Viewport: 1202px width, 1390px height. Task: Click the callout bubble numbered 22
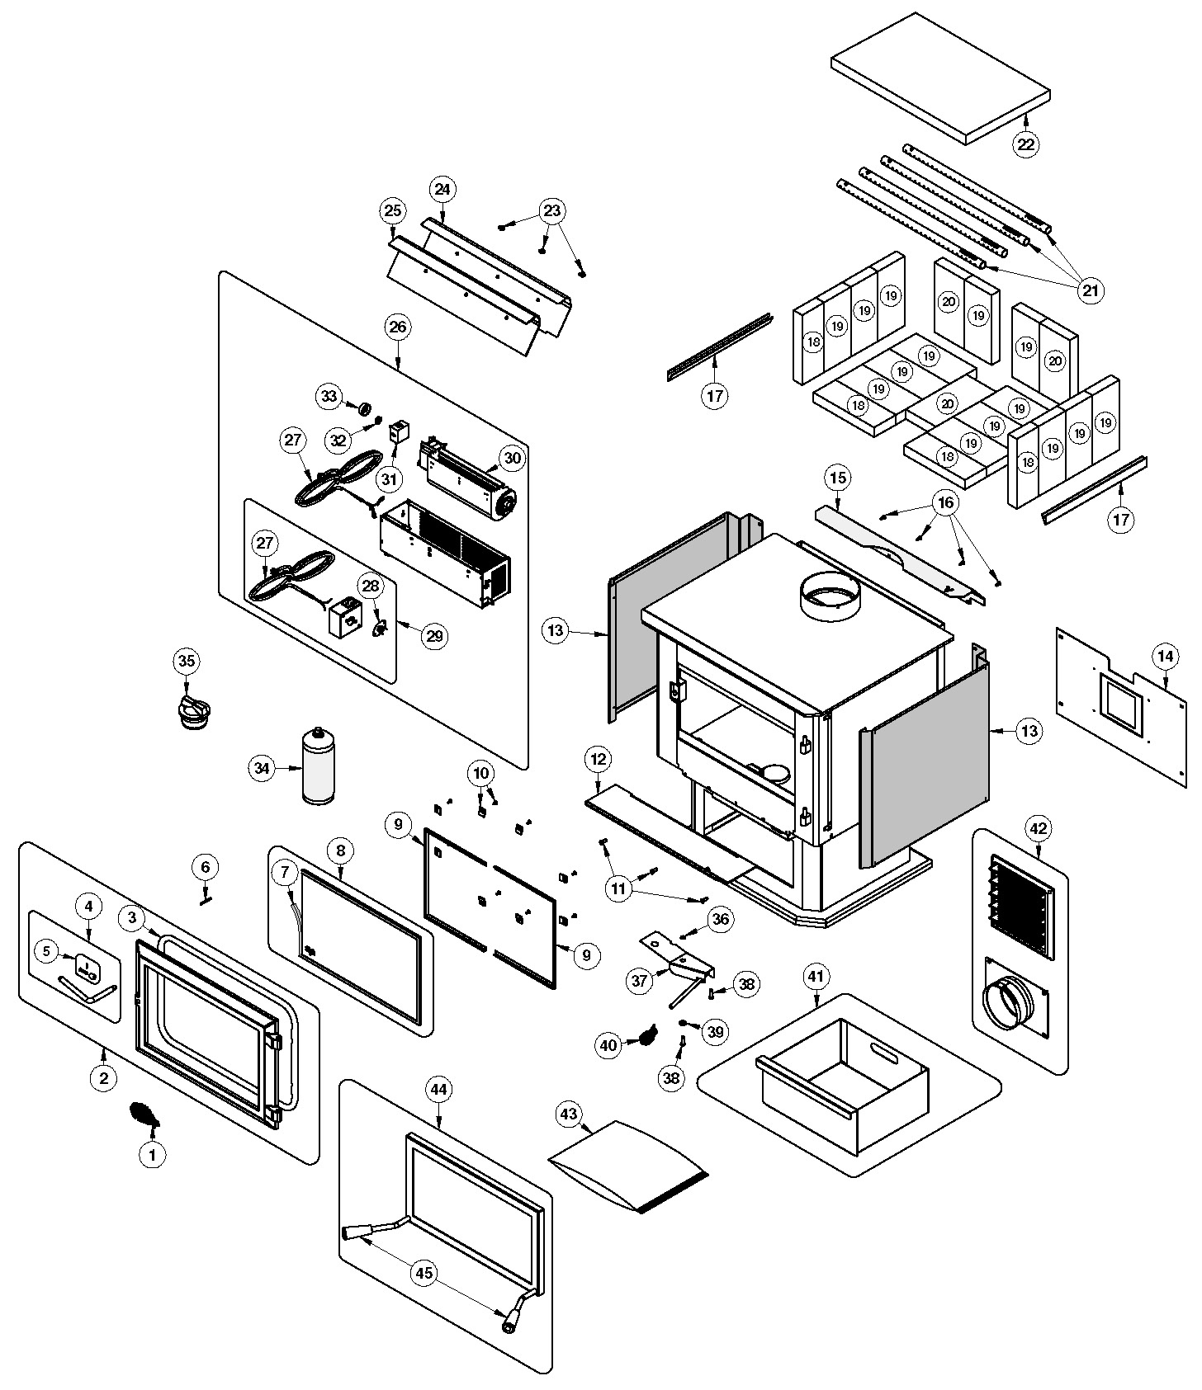click(1025, 144)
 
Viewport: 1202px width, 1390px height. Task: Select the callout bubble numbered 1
click(152, 1156)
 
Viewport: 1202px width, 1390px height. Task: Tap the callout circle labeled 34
click(262, 769)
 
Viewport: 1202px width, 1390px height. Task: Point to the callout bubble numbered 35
click(187, 662)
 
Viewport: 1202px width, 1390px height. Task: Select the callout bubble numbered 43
click(568, 1114)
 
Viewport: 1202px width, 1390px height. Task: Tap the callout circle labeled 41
click(815, 978)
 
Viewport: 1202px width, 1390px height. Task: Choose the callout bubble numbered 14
click(1165, 657)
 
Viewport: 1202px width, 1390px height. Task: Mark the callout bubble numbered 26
click(397, 327)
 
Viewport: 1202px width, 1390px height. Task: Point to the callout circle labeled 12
click(599, 757)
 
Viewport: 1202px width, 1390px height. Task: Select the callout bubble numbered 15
click(838, 478)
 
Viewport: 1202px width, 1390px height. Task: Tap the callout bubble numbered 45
click(424, 1273)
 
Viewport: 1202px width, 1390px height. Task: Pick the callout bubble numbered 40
click(608, 1045)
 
